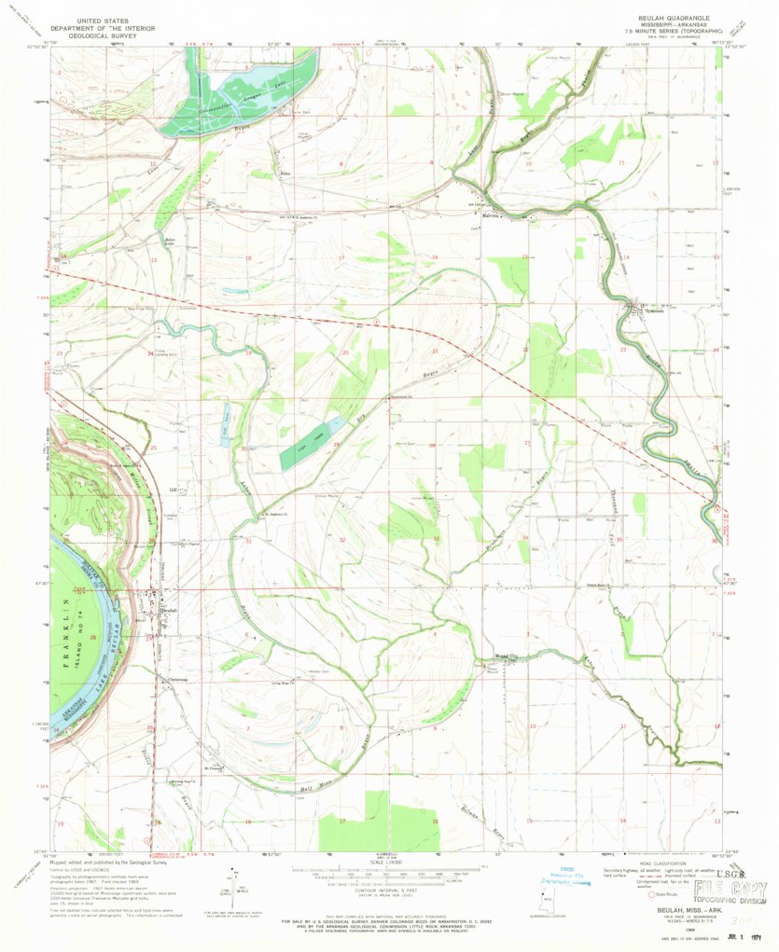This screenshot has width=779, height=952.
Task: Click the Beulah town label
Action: [x=168, y=611]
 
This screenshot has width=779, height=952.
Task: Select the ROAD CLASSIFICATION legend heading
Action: [x=665, y=863]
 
